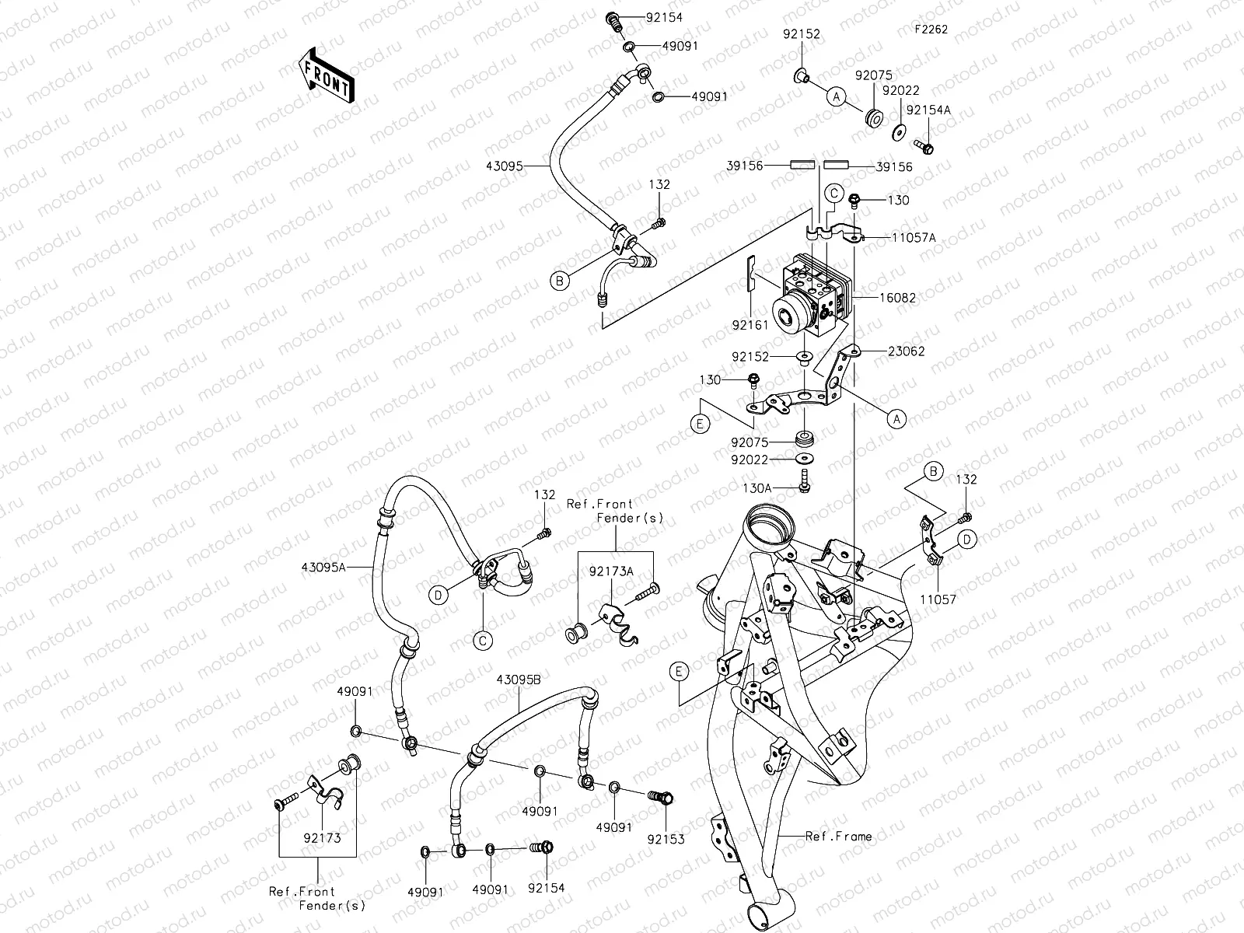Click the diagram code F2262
tap(931, 30)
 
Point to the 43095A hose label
tap(323, 568)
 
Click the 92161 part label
tap(750, 325)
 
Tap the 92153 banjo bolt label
tap(666, 840)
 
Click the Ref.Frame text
tap(838, 837)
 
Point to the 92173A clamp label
tap(610, 571)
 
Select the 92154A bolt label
tap(928, 110)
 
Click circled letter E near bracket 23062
tap(701, 424)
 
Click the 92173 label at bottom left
tap(323, 839)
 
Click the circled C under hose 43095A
tap(482, 640)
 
